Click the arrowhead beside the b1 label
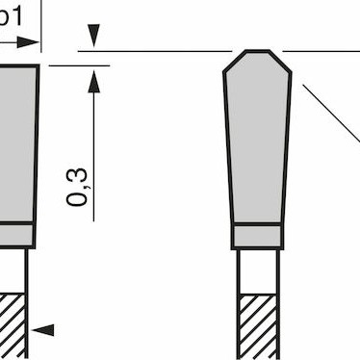click(35, 42)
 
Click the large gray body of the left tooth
click(17, 144)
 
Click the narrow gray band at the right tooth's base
click(258, 237)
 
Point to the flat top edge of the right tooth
click(257, 51)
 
